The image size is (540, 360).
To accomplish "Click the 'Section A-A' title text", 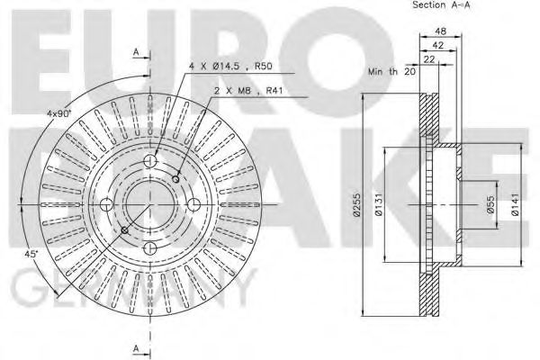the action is coord(441,5).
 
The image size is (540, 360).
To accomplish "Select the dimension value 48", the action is coord(440,31).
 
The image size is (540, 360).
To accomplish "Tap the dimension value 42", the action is coord(437,45).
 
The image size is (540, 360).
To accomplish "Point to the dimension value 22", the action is coord(429,59).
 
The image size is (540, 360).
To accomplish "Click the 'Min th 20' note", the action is coord(391,72).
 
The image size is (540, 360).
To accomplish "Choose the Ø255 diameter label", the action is coord(356,205).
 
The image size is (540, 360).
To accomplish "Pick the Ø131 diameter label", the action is coord(379,204).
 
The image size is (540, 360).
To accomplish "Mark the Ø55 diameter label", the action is coord(490,204).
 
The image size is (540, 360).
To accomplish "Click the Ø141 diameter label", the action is coord(515,204).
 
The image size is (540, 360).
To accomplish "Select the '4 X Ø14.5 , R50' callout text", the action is coord(230,66).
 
